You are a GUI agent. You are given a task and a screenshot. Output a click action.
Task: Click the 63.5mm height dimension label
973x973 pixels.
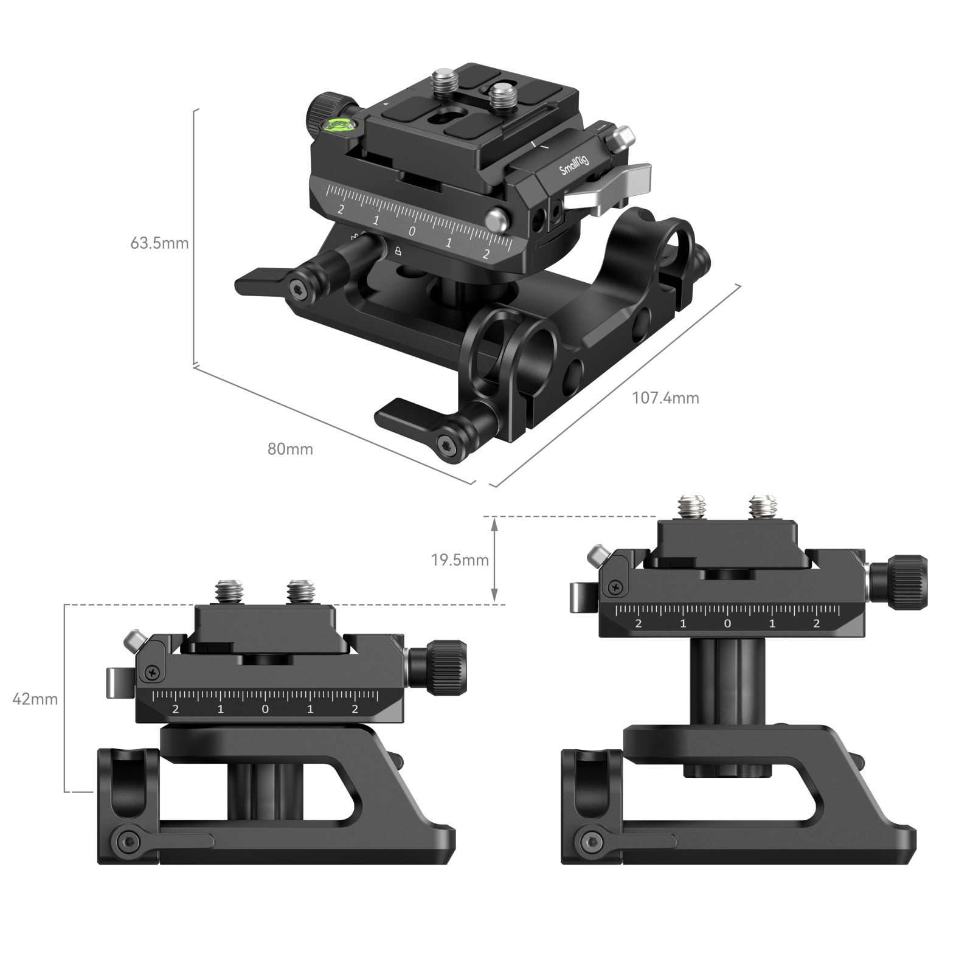(159, 243)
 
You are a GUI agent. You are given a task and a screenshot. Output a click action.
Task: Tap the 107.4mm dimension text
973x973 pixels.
(665, 398)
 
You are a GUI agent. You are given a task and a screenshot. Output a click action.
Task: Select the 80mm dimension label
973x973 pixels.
(290, 449)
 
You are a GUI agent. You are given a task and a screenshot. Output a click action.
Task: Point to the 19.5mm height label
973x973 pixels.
(460, 560)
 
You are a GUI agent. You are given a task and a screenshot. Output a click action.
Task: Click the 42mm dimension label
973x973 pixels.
(35, 699)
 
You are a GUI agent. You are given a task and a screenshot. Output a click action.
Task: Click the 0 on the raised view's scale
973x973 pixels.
(727, 623)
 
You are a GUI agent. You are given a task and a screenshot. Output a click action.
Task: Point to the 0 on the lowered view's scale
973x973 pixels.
(265, 709)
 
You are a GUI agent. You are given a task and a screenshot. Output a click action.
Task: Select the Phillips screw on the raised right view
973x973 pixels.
(615, 587)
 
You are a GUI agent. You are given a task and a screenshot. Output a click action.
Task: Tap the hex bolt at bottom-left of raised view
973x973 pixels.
(589, 842)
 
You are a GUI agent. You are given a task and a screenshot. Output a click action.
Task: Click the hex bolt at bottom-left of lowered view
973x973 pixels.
(126, 842)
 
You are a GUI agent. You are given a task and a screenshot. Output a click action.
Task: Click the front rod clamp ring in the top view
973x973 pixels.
(496, 359)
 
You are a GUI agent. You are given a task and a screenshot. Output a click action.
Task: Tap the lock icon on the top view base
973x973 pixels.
(398, 251)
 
